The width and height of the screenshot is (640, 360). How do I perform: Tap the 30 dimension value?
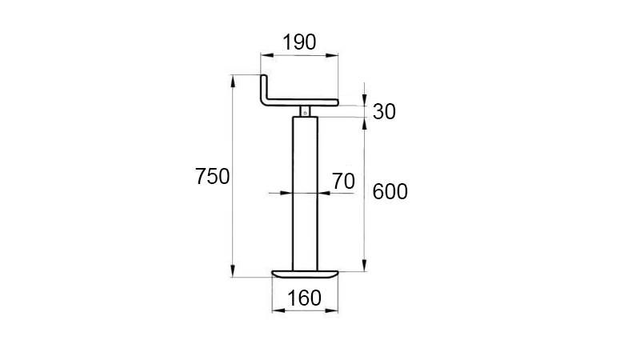[384, 112]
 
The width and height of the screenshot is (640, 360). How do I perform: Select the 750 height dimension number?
[212, 178]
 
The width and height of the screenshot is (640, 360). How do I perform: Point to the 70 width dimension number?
[342, 182]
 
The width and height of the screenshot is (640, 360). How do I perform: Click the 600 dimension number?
[390, 192]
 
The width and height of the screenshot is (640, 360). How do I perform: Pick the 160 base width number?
[304, 298]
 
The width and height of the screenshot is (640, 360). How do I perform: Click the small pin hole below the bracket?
[305, 111]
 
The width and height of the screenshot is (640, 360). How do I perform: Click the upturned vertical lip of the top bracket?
[265, 88]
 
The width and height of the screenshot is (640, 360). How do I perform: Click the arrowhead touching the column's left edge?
[289, 192]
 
